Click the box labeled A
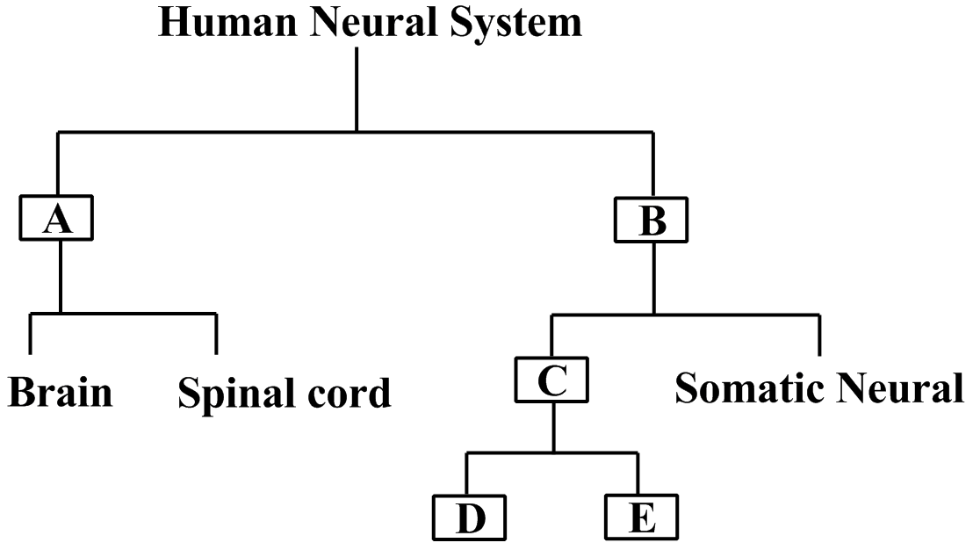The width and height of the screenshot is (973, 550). pyautogui.click(x=58, y=220)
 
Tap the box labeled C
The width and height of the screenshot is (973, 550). pyautogui.click(x=551, y=380)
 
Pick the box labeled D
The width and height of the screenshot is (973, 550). pyautogui.click(x=470, y=518)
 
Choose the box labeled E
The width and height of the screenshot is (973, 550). pyautogui.click(x=641, y=518)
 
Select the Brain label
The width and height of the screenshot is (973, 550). pyautogui.click(x=61, y=392)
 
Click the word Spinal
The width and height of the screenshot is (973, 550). pyautogui.click(x=233, y=394)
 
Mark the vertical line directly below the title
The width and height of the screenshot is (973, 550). pyautogui.click(x=357, y=88)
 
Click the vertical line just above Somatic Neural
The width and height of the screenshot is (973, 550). pyautogui.click(x=819, y=335)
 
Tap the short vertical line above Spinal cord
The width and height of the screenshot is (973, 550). pyautogui.click(x=216, y=332)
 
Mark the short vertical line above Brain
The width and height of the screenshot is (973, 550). pyautogui.click(x=31, y=332)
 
